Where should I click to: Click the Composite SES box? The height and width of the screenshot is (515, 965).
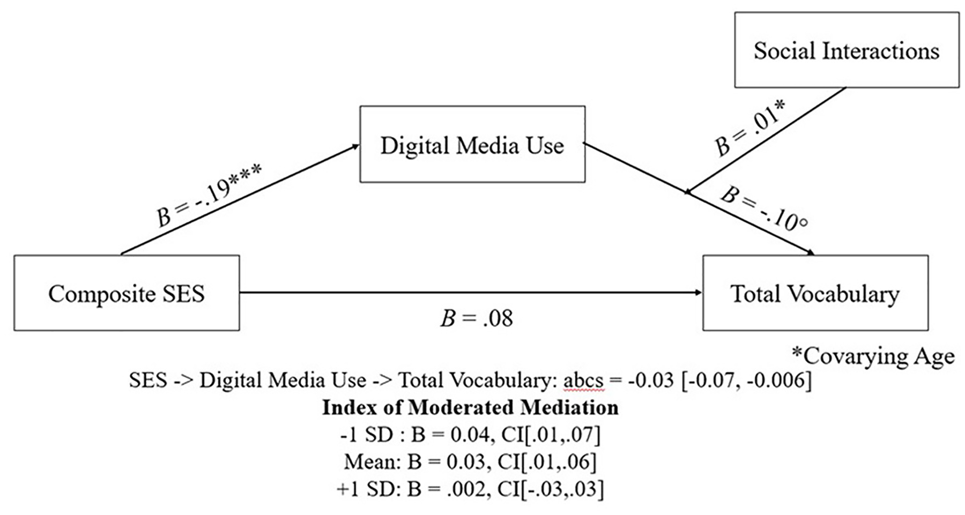click(x=127, y=293)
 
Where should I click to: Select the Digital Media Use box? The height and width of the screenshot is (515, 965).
click(x=472, y=145)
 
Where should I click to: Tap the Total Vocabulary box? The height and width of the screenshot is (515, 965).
click(x=815, y=293)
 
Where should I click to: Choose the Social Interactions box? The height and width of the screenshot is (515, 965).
click(x=847, y=50)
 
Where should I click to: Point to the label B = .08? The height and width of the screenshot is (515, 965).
click(x=477, y=318)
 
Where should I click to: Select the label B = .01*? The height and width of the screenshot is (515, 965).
click(x=749, y=129)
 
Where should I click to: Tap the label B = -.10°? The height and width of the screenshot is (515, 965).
click(x=764, y=209)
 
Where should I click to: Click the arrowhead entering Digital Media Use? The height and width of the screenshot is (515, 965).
click(x=355, y=146)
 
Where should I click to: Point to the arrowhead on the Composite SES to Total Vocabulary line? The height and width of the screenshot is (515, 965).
click(x=698, y=293)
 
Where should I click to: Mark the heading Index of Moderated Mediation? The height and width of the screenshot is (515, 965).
click(x=470, y=408)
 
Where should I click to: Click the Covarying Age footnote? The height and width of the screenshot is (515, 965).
click(x=873, y=356)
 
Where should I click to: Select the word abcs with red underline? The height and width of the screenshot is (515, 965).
click(x=583, y=380)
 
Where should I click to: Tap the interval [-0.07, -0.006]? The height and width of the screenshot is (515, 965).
click(x=746, y=380)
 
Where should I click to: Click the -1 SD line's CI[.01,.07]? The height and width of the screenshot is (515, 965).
click(x=551, y=435)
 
